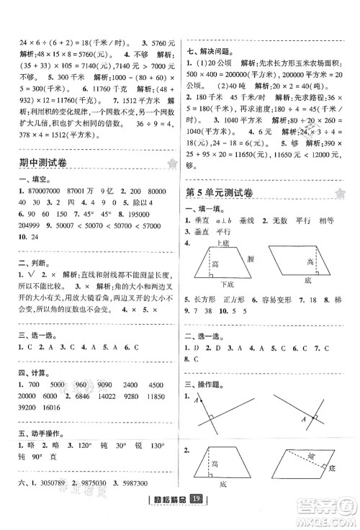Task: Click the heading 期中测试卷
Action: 45,166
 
